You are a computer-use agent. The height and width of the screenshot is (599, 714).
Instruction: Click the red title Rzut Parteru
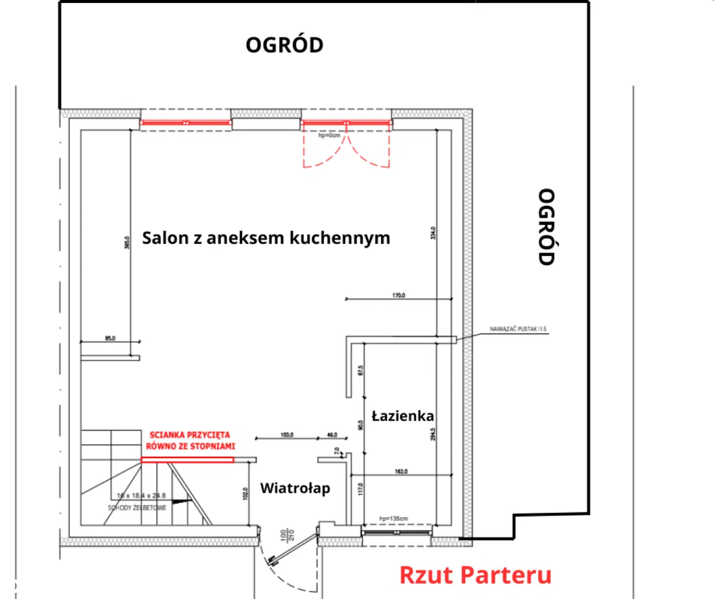475,575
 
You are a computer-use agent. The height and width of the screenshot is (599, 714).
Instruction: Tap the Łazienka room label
403,416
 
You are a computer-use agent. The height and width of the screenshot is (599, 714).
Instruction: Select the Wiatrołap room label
295,488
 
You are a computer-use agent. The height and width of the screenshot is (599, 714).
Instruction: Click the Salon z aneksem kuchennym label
266,238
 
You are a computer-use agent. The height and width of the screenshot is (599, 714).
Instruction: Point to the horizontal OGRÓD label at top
284,45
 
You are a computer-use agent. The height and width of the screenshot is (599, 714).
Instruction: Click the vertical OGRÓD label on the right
546,227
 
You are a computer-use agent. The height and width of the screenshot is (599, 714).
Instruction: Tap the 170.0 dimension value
398,295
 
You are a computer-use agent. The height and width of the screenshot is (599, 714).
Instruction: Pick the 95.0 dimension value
110,338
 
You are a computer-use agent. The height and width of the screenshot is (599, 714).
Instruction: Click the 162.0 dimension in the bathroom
401,471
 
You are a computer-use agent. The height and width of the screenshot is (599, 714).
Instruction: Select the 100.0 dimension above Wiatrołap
287,435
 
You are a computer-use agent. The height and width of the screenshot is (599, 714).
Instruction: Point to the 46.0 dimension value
332,435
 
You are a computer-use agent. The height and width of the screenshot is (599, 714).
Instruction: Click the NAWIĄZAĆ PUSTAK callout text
518,329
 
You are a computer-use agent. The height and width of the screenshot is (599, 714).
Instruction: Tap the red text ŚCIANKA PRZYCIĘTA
190,435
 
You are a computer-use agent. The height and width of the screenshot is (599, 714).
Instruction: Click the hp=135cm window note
393,518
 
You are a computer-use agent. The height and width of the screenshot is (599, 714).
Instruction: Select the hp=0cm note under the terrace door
329,135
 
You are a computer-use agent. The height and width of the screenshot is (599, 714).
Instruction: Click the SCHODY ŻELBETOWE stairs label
137,508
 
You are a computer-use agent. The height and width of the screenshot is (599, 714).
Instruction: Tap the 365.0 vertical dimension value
127,242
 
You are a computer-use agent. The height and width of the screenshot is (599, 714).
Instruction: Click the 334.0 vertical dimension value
433,233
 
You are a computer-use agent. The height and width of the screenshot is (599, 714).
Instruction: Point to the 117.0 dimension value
361,488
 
